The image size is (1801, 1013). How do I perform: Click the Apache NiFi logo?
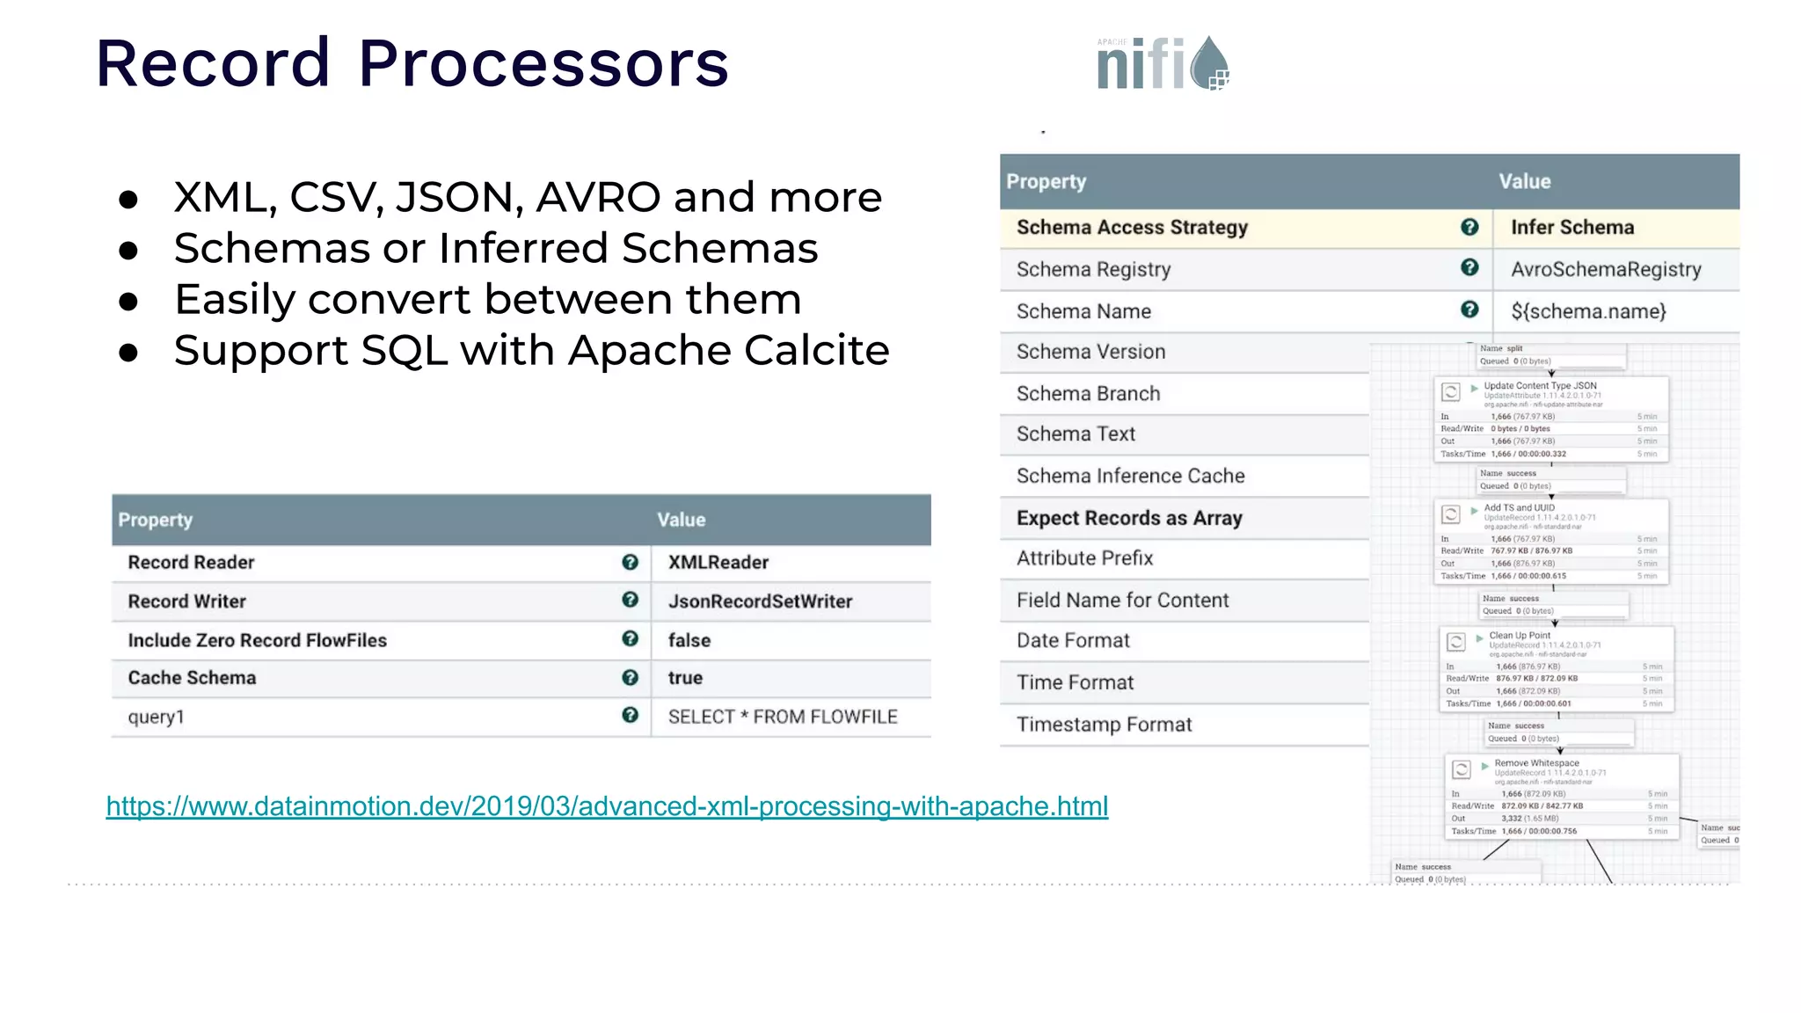1163,63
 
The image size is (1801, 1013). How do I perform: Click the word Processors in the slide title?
543,64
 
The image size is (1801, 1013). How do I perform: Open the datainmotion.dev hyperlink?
607,806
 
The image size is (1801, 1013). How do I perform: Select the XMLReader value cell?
718,563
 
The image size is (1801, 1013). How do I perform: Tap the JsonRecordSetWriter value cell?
760,601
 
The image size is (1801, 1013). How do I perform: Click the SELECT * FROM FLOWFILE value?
783,717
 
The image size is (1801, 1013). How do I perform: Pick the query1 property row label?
157,717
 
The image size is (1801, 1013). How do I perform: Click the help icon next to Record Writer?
630,600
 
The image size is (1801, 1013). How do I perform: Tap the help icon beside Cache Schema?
630,677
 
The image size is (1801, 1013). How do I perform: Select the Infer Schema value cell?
1572,228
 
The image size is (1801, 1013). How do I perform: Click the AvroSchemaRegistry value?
1606,270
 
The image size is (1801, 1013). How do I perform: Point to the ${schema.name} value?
1588,311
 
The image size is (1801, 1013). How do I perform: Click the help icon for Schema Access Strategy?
1469,227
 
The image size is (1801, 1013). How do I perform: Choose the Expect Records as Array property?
1129,519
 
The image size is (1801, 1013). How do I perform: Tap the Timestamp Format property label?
1104,725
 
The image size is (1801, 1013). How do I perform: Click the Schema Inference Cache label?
1130,477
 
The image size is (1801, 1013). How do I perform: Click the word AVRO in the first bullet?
598,197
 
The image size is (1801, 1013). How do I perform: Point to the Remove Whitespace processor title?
1536,763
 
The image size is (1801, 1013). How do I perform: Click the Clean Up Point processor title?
1520,636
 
